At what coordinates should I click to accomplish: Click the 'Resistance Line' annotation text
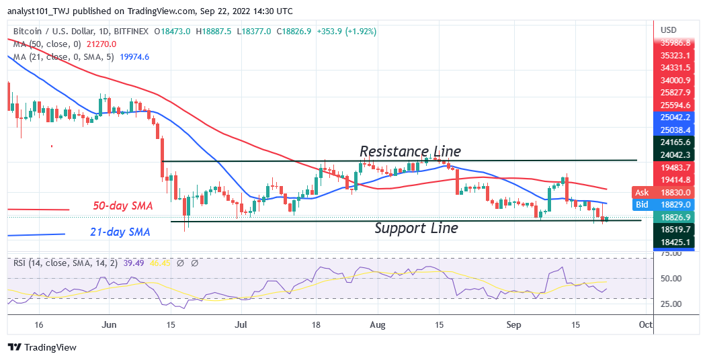click(x=410, y=151)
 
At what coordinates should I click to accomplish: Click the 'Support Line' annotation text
click(x=416, y=228)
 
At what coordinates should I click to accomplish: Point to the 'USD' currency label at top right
click(x=668, y=30)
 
